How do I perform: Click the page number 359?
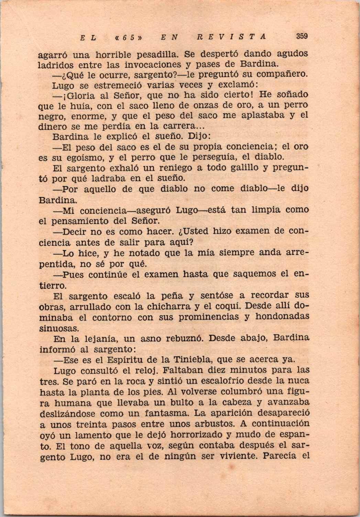pyautogui.click(x=301, y=36)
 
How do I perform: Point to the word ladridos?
pyautogui.click(x=56, y=65)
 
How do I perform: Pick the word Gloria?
pyautogui.click(x=80, y=94)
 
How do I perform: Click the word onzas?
pyautogui.click(x=183, y=105)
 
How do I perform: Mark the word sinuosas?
pyautogui.click(x=55, y=327)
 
